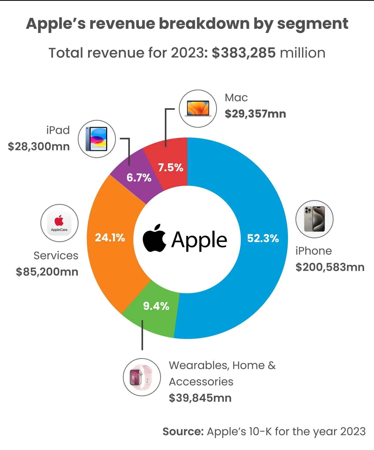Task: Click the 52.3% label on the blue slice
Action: [263, 238]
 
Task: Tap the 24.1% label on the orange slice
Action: [110, 237]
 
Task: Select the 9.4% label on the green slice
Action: [156, 306]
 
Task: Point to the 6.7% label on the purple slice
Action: [139, 178]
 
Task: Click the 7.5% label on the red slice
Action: [171, 168]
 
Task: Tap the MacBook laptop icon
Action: [198, 109]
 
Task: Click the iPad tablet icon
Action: [97, 139]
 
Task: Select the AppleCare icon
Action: [59, 223]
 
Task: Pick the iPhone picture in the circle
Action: [314, 219]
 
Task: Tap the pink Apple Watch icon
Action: [142, 377]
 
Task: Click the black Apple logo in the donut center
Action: [154, 238]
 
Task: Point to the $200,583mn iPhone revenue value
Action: [330, 267]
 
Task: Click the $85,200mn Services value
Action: [47, 272]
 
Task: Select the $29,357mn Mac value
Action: [255, 114]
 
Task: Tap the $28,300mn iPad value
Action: [39, 147]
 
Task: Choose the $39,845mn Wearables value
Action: [200, 398]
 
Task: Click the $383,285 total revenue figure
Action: [244, 53]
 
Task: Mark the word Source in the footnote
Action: [183, 432]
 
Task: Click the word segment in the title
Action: [313, 24]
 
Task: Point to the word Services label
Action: [56, 256]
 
